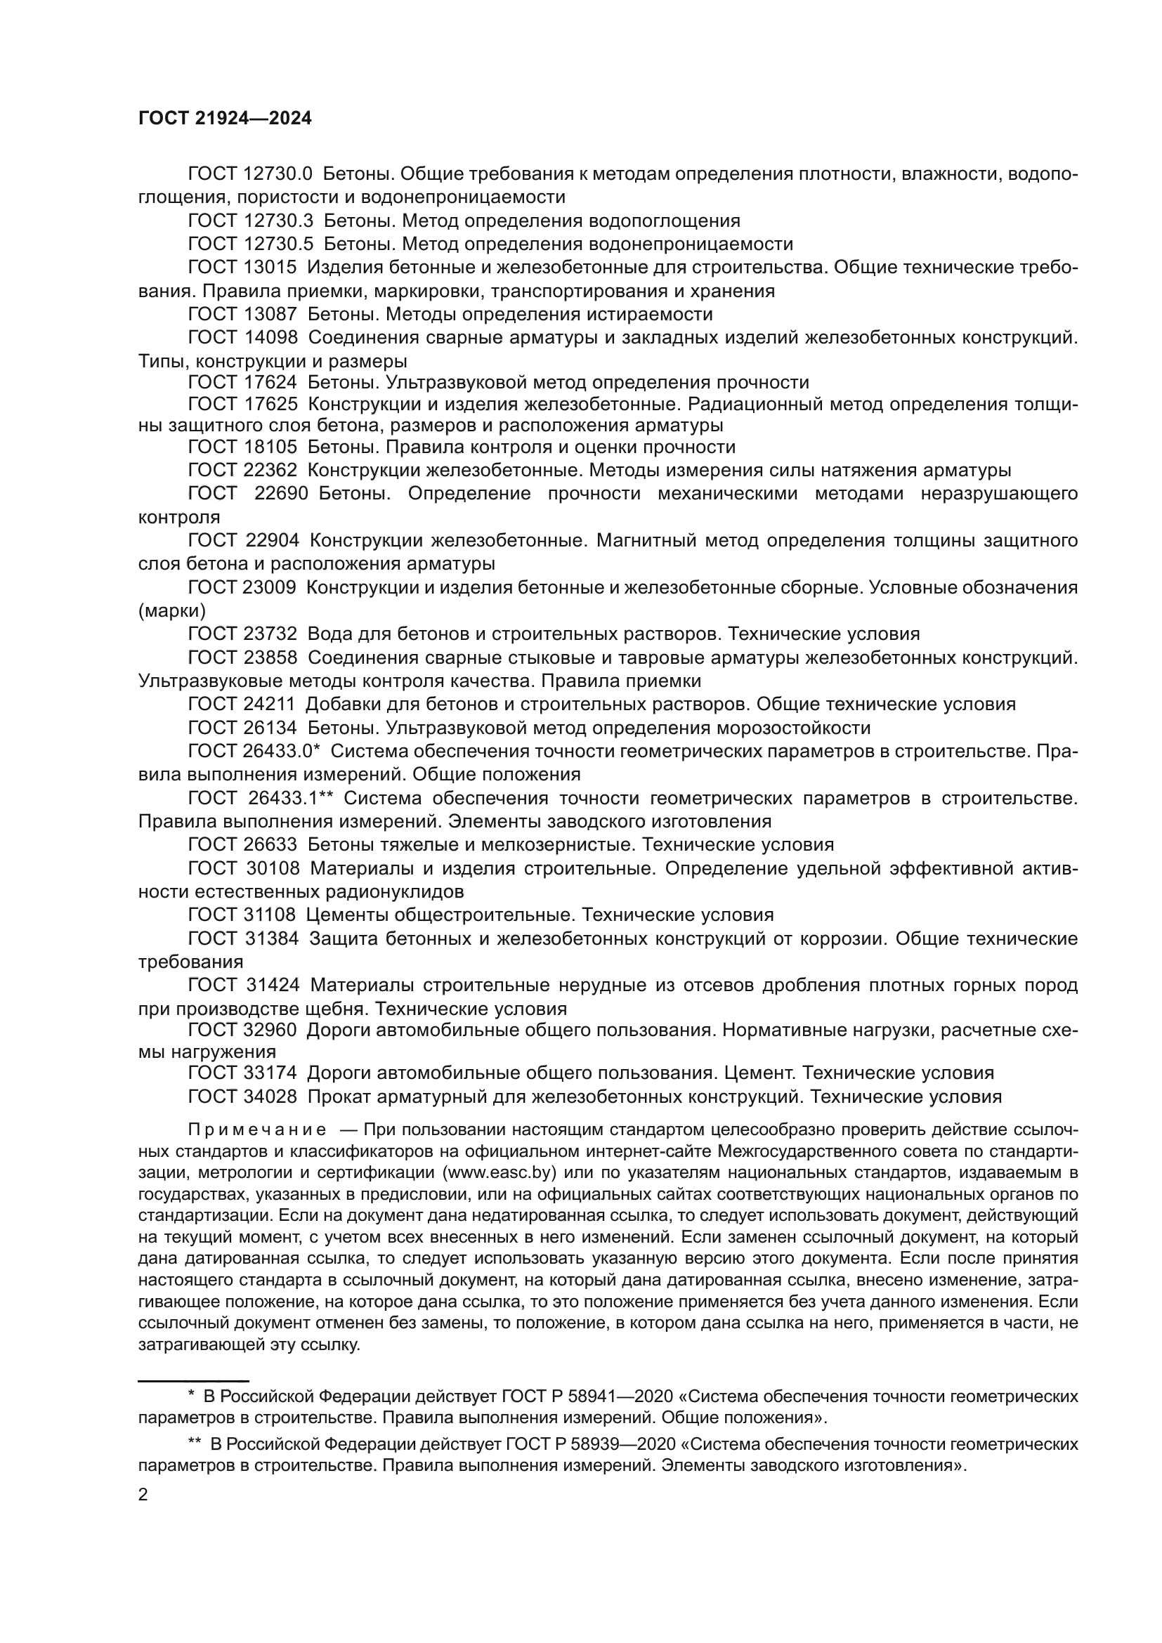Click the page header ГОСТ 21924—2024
pyautogui.click(x=225, y=119)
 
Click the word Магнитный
pyautogui.click(x=648, y=540)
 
